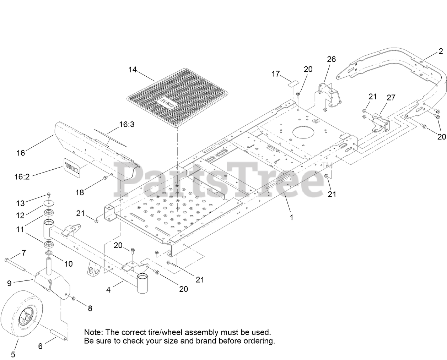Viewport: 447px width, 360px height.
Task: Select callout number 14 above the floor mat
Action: pyautogui.click(x=133, y=70)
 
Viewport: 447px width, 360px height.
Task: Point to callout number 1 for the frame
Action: pyautogui.click(x=291, y=217)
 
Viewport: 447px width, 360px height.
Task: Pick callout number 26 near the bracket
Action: pyautogui.click(x=331, y=59)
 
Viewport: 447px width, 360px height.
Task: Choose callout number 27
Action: pyautogui.click(x=391, y=97)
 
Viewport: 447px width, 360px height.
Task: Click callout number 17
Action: pyautogui.click(x=276, y=74)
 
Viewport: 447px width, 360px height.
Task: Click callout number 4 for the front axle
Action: pyautogui.click(x=108, y=290)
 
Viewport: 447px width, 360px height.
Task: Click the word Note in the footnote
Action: pyautogui.click(x=92, y=333)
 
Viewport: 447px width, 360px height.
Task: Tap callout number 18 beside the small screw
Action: pyautogui.click(x=80, y=192)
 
